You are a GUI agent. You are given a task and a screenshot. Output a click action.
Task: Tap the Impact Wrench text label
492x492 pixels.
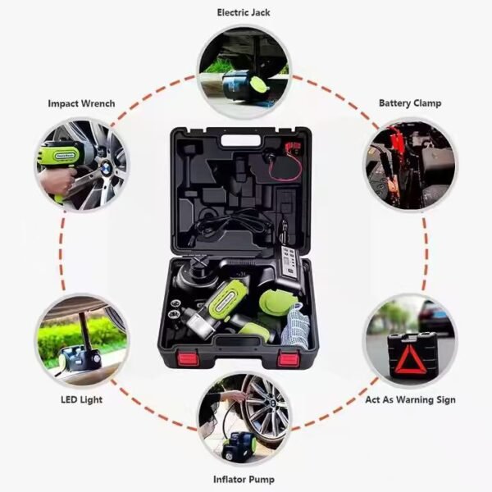(x=81, y=104)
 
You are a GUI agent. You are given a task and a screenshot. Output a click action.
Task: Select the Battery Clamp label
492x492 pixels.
(x=409, y=103)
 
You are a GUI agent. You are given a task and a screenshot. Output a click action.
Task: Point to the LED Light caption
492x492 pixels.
(x=80, y=401)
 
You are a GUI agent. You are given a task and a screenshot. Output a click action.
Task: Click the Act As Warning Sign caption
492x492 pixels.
(x=409, y=401)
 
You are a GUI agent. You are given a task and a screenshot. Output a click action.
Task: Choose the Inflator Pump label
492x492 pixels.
(x=244, y=479)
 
